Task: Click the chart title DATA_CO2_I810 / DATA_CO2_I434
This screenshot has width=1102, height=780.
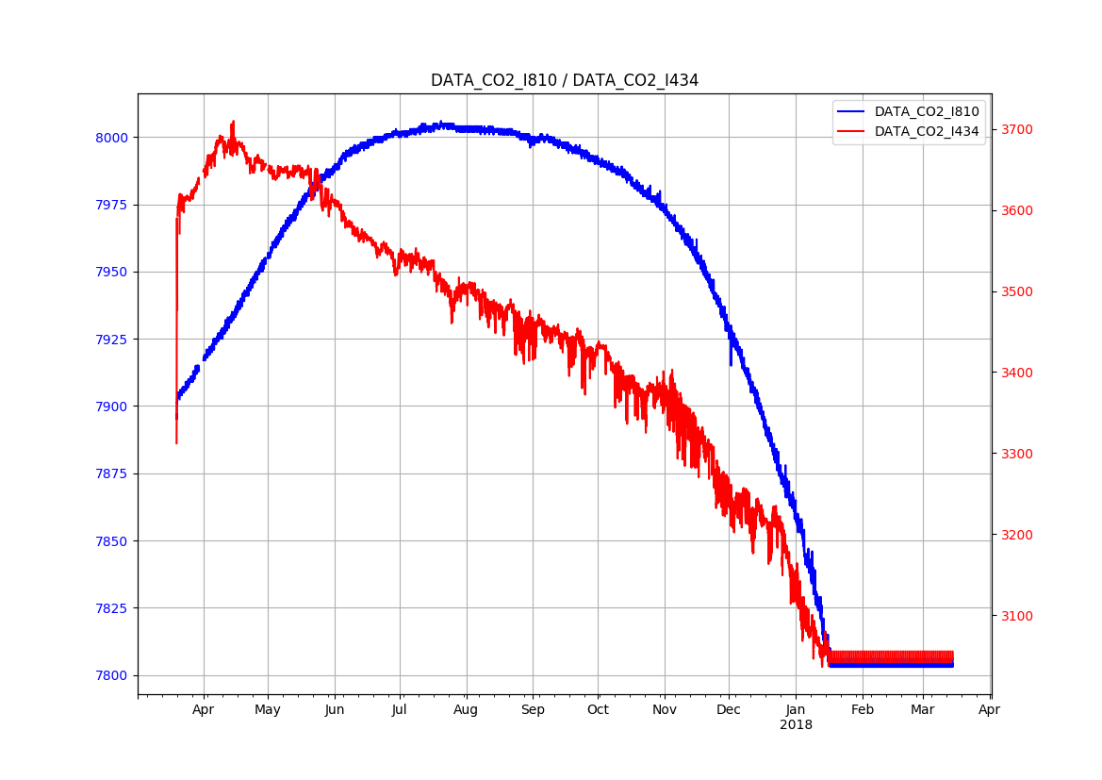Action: tap(565, 80)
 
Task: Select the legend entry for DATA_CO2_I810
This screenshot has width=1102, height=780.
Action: tap(927, 112)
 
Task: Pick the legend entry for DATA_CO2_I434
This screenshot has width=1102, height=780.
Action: tap(927, 131)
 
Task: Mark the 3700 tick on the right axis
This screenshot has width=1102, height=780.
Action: tap(1017, 129)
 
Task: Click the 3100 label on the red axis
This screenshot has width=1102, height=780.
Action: tap(1017, 616)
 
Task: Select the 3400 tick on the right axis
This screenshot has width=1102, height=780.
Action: tap(1017, 373)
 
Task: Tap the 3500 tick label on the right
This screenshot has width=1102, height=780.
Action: tap(1017, 291)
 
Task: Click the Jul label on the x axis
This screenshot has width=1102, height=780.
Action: tap(400, 710)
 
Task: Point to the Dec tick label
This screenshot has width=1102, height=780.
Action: tap(729, 710)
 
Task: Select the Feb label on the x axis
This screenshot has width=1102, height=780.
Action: tap(863, 710)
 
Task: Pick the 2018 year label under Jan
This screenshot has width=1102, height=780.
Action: tap(796, 725)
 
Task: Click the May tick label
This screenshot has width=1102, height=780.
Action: tap(268, 710)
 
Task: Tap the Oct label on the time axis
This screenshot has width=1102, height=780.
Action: tap(598, 710)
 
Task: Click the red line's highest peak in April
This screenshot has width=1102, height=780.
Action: tap(233, 122)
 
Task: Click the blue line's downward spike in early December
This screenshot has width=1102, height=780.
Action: tap(730, 363)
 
